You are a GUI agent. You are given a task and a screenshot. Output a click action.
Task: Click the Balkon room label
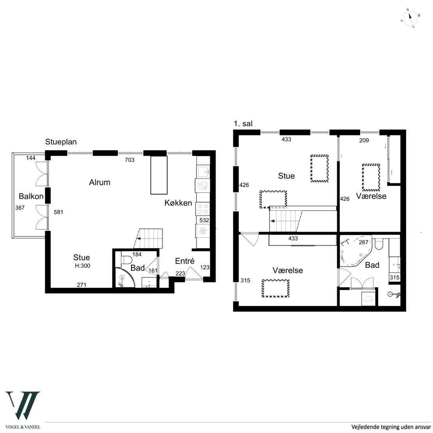[31, 196]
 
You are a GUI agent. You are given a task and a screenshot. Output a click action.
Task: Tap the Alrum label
[100, 182]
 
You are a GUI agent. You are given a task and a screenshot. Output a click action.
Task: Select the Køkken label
[178, 203]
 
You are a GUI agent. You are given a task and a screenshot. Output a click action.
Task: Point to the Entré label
[185, 261]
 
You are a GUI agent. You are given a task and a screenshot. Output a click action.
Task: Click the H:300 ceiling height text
[83, 266]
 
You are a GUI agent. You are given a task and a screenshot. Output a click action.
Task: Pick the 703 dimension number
[130, 160]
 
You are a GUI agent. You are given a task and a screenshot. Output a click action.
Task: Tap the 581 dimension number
[59, 212]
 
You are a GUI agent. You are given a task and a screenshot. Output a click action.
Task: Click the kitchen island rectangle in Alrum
[159, 175]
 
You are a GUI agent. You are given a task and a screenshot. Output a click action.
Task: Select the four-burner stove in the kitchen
[202, 209]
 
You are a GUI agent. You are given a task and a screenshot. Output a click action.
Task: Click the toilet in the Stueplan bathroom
[126, 260]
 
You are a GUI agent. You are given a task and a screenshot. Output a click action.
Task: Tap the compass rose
[410, 18]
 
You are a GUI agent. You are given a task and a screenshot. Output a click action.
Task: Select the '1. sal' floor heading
[243, 124]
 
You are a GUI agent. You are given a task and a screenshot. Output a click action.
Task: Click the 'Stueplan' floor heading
[61, 142]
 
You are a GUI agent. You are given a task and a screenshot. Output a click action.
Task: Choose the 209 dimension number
[364, 140]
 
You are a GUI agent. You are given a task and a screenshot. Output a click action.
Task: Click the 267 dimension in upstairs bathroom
[364, 242]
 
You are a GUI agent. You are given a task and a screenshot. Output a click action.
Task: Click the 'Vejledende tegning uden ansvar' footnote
[391, 427]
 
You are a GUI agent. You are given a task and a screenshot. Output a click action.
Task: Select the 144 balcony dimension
[31, 158]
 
